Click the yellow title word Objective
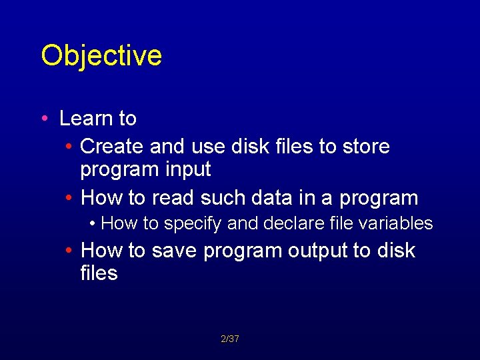click(x=101, y=56)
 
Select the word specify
click(x=189, y=224)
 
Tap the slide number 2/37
click(x=230, y=339)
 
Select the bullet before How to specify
click(x=93, y=224)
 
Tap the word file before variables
click(x=336, y=223)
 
